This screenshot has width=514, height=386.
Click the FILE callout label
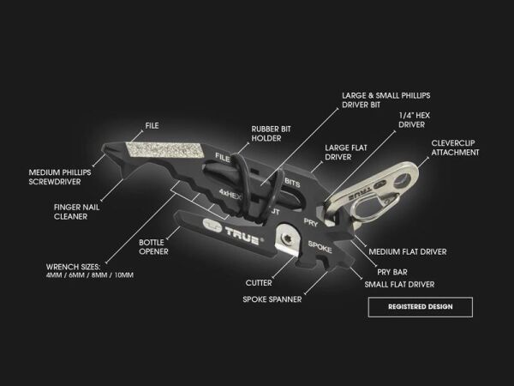coord(152,126)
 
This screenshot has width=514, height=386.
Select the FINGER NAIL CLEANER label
coord(75,212)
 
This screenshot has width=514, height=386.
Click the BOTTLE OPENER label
coord(153,246)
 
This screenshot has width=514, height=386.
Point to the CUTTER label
coord(258,282)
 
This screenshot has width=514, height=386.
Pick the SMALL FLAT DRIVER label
coord(399,284)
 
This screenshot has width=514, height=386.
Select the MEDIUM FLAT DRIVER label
coord(407,252)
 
